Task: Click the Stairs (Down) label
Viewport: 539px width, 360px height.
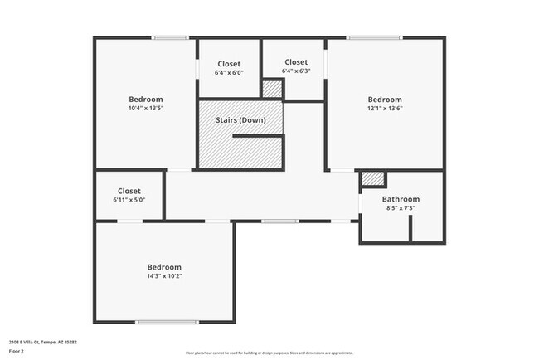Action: (x=240, y=120)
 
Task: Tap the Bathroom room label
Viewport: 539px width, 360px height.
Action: (x=401, y=199)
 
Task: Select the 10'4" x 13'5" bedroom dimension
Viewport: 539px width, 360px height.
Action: (x=146, y=109)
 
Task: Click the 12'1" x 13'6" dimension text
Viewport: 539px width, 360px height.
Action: (x=385, y=109)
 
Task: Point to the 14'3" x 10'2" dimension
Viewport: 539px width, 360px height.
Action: (x=164, y=276)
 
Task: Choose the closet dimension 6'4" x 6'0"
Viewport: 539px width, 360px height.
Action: (x=229, y=73)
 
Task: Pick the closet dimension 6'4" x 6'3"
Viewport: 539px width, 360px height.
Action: (x=296, y=71)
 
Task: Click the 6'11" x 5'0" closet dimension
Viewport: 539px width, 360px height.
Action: (x=129, y=200)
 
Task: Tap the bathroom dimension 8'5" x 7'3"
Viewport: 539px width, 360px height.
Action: (x=401, y=208)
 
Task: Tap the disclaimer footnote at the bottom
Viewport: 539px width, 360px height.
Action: (x=269, y=353)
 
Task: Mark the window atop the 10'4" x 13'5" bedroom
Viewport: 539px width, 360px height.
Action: (x=170, y=37)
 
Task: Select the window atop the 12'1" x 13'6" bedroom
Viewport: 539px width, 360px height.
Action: (x=375, y=37)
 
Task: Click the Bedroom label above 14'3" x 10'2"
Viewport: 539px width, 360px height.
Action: (x=164, y=266)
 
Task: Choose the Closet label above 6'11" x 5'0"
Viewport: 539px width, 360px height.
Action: (x=129, y=191)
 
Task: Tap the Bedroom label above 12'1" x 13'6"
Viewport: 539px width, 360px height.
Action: (x=385, y=100)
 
